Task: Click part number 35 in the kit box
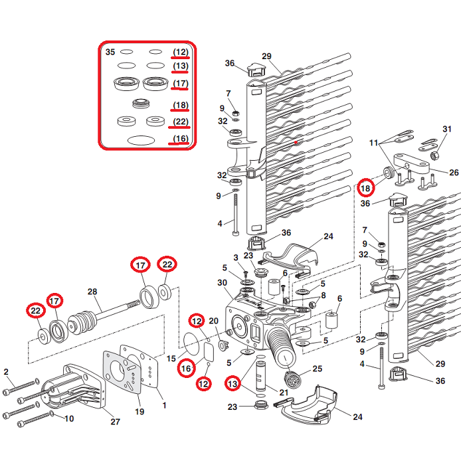tap(110, 52)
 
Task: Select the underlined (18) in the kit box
tap(180, 105)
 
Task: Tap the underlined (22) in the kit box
tap(180, 122)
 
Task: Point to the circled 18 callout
tap(365, 187)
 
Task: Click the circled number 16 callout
tap(185, 367)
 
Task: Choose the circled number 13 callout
tap(232, 383)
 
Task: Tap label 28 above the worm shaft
tap(92, 292)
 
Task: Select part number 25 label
tap(317, 369)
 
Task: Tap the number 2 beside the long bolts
tap(6, 371)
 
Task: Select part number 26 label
tap(454, 172)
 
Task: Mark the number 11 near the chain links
tap(374, 143)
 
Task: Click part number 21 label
tap(284, 393)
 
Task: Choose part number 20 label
tap(214, 321)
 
